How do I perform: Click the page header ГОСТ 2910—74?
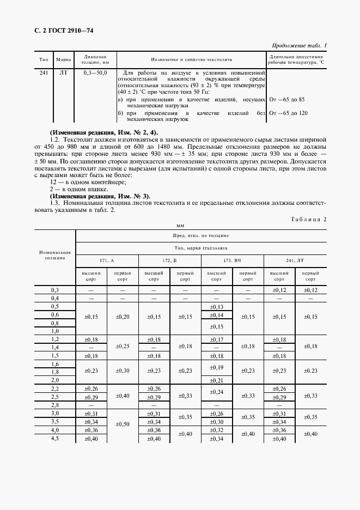pos(64,31)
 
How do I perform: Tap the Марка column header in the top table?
pos(63,59)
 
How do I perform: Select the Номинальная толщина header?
pos(54,256)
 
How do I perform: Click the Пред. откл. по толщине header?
pos(201,235)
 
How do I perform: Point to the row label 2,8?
pos(54,405)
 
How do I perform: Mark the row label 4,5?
pos(54,439)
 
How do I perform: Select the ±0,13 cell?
pos(217,307)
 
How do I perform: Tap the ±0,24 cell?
pos(217,392)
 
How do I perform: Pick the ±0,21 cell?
pos(217,379)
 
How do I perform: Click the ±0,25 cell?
pos(123,347)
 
